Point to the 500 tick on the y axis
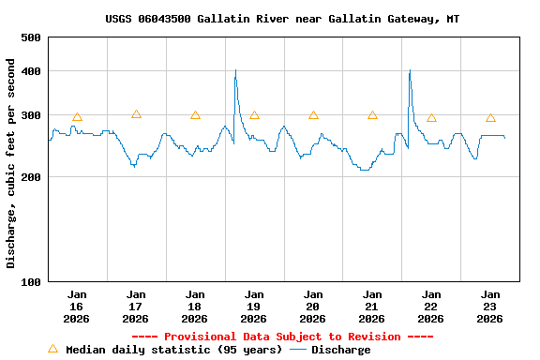(31, 37)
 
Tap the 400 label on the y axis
(31, 71)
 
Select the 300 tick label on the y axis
(31, 115)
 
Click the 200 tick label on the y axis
(31, 177)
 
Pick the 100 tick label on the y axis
(31, 281)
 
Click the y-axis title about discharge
(11, 163)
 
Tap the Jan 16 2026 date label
(76, 307)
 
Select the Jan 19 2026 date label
(253, 307)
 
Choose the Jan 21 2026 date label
(371, 307)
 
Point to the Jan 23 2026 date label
(489, 307)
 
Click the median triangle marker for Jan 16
(77, 117)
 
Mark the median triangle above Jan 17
(136, 114)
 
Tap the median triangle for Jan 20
(313, 115)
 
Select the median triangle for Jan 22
(431, 118)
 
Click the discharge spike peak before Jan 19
(235, 70)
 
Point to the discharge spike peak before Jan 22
(410, 70)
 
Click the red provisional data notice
(282, 337)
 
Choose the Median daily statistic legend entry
(165, 350)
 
